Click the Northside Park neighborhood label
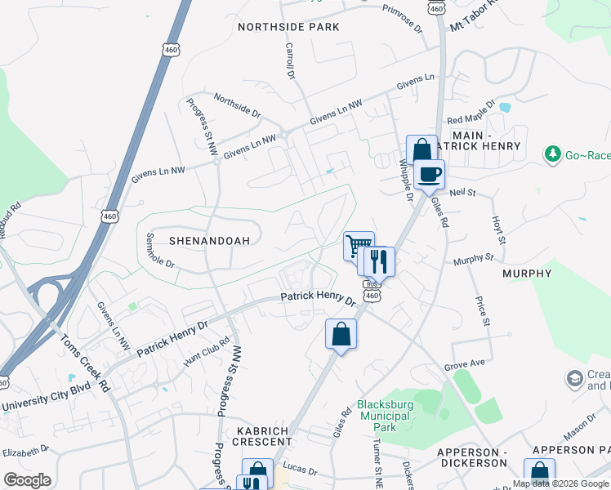tap(288, 27)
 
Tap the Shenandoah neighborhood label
tap(209, 241)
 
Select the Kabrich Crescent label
tap(265, 435)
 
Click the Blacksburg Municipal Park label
tap(389, 415)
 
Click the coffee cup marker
tap(430, 173)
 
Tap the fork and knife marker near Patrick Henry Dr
tap(379, 261)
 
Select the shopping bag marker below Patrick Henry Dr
tap(341, 334)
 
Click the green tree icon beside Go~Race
tap(553, 154)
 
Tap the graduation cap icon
tap(575, 378)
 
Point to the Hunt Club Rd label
tap(207, 350)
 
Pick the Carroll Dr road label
tap(290, 61)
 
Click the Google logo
tap(27, 480)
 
